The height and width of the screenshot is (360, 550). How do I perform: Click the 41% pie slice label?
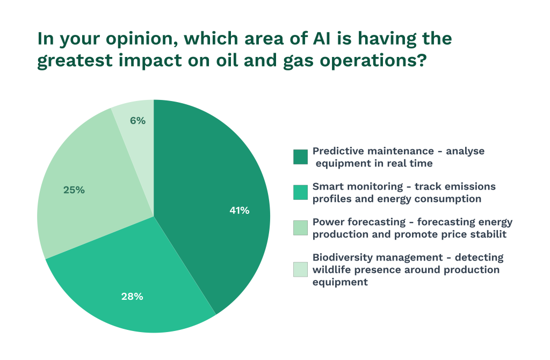[240, 211]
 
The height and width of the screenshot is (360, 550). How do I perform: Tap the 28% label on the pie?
[132, 296]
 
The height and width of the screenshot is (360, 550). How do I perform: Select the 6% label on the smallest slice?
[137, 121]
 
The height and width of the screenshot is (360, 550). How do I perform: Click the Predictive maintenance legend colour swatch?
[300, 156]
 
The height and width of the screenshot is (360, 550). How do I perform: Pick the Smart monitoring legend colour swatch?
[300, 192]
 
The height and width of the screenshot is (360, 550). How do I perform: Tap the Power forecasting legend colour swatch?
[300, 228]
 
